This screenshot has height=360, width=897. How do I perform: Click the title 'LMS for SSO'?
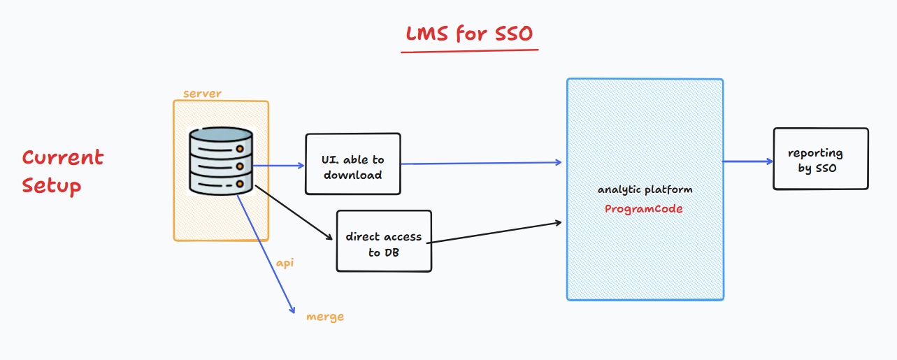pyautogui.click(x=471, y=33)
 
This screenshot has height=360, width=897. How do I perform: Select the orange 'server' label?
pyautogui.click(x=202, y=94)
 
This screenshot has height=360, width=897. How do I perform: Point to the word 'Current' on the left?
pyautogui.click(x=63, y=157)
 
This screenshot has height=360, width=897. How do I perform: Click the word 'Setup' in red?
pyautogui.click(x=52, y=186)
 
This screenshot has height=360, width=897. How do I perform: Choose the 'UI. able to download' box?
pyautogui.click(x=353, y=164)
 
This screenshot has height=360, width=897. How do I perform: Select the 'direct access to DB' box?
pyautogui.click(x=384, y=240)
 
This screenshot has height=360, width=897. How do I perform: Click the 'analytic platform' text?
pyautogui.click(x=645, y=189)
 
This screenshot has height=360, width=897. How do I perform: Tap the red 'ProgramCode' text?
pyautogui.click(x=644, y=208)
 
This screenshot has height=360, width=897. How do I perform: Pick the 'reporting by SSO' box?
pyautogui.click(x=820, y=159)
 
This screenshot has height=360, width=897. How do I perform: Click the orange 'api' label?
pyautogui.click(x=285, y=262)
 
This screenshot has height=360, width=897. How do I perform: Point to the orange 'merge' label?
pyautogui.click(x=325, y=317)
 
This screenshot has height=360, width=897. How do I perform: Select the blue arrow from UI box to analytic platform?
pyautogui.click(x=482, y=164)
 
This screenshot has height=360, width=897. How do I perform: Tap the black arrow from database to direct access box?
pyautogui.click(x=294, y=213)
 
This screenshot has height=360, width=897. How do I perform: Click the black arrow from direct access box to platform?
pyautogui.click(x=496, y=233)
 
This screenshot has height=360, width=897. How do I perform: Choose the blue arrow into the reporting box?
pyautogui.click(x=747, y=161)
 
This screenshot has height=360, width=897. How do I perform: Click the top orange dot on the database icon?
pyautogui.click(x=241, y=149)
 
